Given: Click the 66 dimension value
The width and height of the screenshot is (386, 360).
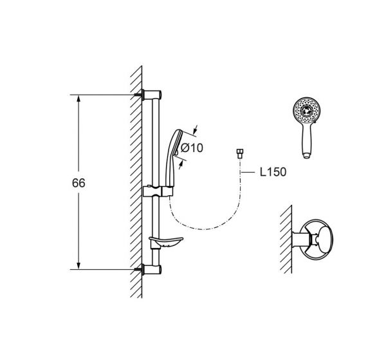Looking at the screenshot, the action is point(78,183).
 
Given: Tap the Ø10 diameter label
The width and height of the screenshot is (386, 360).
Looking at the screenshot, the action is point(192,148).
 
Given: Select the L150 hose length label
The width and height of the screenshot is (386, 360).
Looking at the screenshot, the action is point(273,172).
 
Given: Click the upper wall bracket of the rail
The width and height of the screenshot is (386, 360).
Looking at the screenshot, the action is point(152,95).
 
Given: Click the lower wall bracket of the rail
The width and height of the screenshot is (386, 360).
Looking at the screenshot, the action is point(152,270).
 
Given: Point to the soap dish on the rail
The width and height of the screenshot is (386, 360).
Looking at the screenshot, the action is point(166,242).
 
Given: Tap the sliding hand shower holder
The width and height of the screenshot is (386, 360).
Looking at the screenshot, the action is point(158,191).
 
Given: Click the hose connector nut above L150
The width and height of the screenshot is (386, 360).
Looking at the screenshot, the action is point(239,153).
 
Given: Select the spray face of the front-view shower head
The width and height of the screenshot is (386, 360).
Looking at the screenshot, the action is point(307,110).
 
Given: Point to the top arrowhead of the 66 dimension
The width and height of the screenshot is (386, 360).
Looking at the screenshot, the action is point(78,99).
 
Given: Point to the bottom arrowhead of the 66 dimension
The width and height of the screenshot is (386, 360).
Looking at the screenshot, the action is point(78,265).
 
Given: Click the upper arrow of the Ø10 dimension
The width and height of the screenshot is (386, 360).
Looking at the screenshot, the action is point(196,130).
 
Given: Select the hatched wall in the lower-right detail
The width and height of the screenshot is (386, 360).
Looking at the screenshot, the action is point(286,240).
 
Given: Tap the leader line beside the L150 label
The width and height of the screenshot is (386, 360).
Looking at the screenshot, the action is point(248,172).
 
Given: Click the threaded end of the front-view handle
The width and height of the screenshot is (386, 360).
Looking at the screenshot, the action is point(307,156).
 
